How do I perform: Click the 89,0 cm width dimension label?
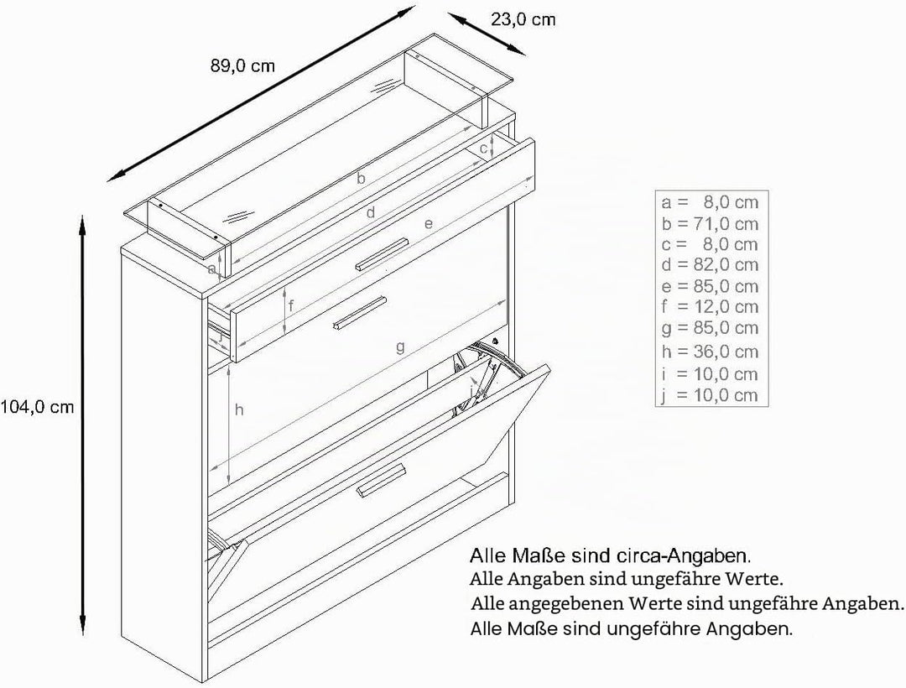pyautogui.click(x=242, y=65)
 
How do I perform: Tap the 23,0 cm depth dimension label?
pyautogui.click(x=523, y=19)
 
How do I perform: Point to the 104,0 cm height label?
pyautogui.click(x=38, y=407)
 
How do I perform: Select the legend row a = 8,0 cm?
pyautogui.click(x=710, y=202)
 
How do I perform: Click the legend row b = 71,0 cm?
pyautogui.click(x=710, y=223)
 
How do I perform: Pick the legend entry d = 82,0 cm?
pyautogui.click(x=710, y=264)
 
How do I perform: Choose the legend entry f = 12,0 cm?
pyautogui.click(x=710, y=306)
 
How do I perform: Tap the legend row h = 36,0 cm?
pyautogui.click(x=710, y=352)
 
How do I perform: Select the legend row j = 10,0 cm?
pyautogui.click(x=710, y=395)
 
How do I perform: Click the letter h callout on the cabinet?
pyautogui.click(x=239, y=410)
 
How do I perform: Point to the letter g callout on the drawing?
pyautogui.click(x=400, y=347)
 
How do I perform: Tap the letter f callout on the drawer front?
pyautogui.click(x=291, y=305)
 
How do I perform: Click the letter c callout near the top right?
pyautogui.click(x=484, y=149)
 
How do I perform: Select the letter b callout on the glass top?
pyautogui.click(x=361, y=178)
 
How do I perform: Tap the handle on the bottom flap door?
pyautogui.click(x=382, y=479)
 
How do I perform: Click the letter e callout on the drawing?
pyautogui.click(x=428, y=223)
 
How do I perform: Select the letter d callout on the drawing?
pyautogui.click(x=371, y=212)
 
